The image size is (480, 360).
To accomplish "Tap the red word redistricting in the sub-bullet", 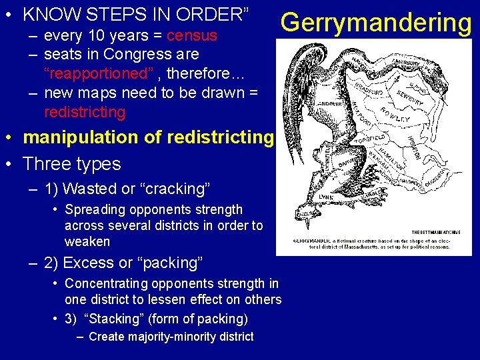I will click(x=85, y=111).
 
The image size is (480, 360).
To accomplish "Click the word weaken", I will click(x=87, y=241).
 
